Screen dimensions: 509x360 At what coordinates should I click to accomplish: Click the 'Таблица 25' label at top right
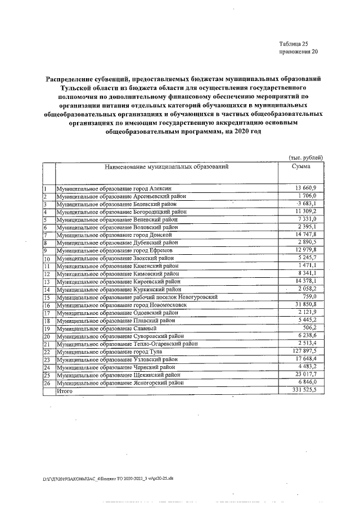pyautogui.click(x=294, y=43)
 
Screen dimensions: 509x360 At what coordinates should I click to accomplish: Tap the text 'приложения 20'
pyautogui.click(x=298, y=52)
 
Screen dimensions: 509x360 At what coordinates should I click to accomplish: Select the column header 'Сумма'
pyautogui.click(x=301, y=167)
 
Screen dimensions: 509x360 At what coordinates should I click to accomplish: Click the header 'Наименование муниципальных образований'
pyautogui.click(x=166, y=167)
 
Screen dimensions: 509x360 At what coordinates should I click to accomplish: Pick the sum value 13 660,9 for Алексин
pyautogui.click(x=306, y=187)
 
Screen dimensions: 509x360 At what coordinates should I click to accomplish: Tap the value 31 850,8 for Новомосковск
pyautogui.click(x=306, y=304)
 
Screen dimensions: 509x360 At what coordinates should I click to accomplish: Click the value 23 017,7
pyautogui.click(x=306, y=374)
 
